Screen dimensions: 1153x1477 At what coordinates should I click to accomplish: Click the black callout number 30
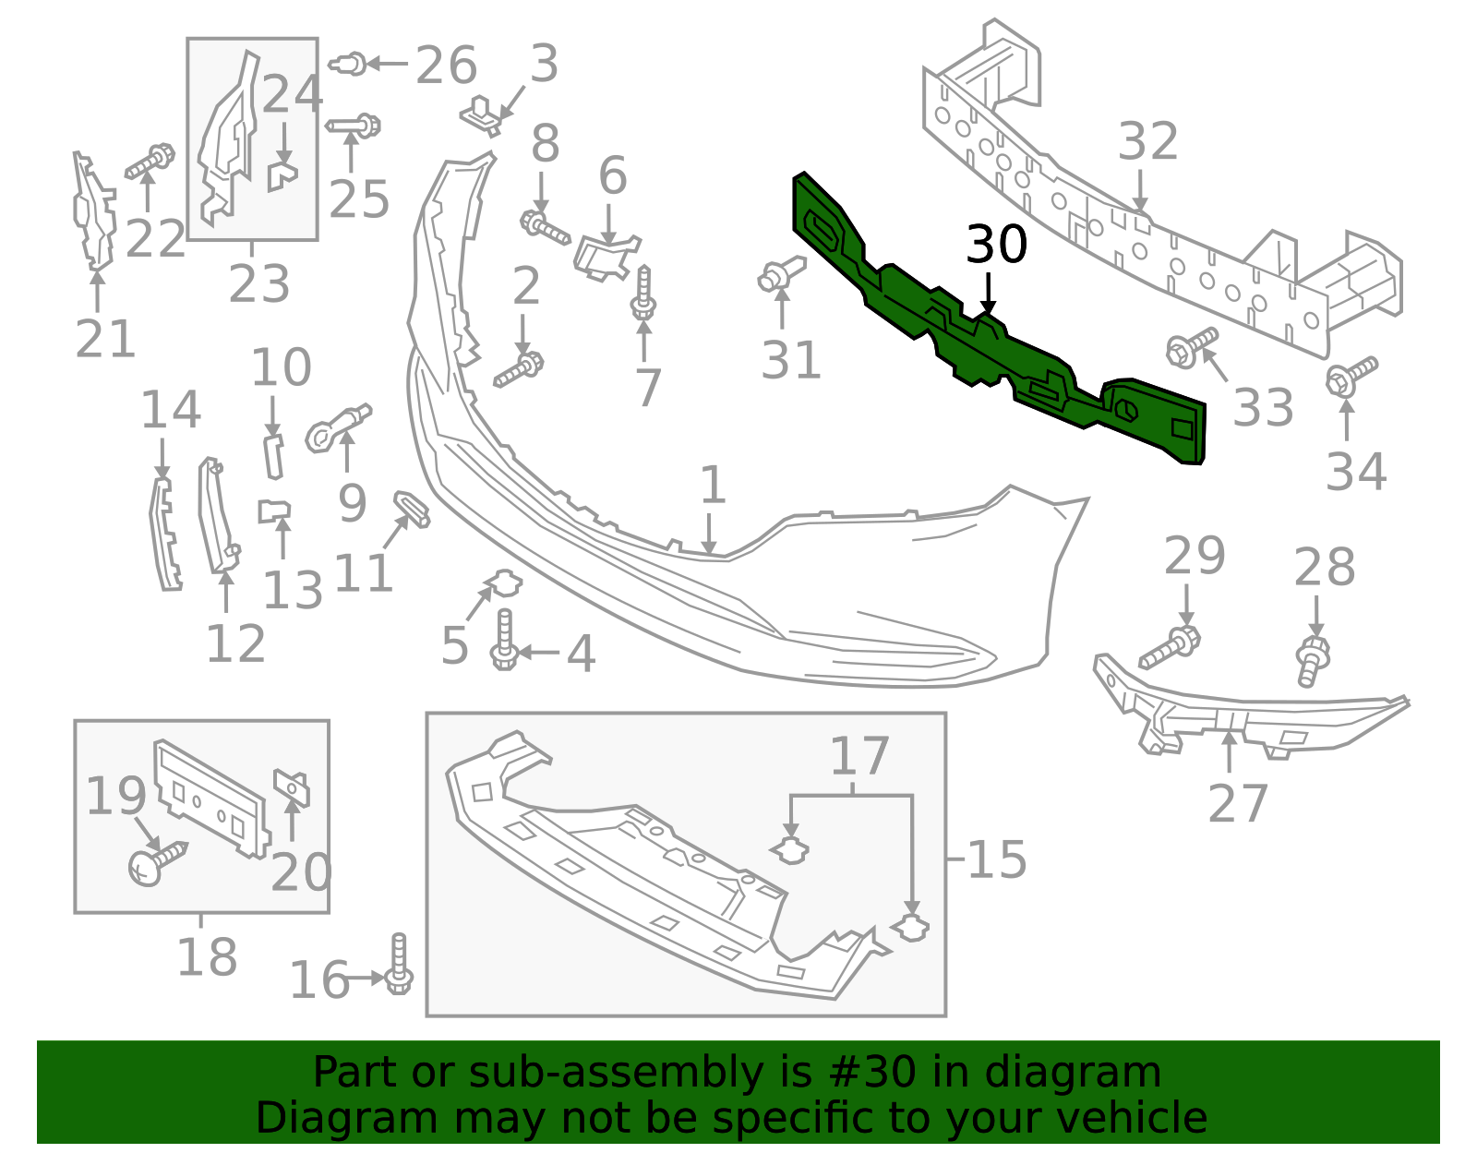point(996,245)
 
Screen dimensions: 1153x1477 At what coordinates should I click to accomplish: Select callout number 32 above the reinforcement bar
point(1148,141)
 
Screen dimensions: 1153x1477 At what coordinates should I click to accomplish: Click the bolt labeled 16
point(399,965)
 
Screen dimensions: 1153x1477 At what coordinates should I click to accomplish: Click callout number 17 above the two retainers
point(859,757)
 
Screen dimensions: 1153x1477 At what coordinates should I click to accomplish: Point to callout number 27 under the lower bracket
point(1238,804)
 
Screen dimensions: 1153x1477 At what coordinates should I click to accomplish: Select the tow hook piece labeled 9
point(337,427)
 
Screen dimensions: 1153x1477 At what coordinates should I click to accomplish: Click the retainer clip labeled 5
point(504,583)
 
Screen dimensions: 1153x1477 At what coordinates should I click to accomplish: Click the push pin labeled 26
point(348,65)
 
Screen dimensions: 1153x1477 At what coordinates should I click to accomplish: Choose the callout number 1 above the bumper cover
point(712,485)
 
